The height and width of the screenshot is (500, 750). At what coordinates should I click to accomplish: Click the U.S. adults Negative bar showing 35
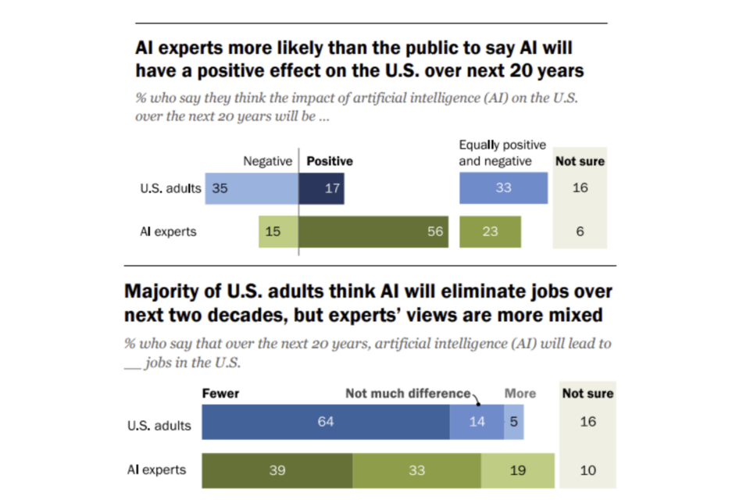252,188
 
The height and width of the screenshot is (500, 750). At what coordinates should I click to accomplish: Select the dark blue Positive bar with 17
321,188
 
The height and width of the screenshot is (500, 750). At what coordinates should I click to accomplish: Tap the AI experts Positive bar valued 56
373,232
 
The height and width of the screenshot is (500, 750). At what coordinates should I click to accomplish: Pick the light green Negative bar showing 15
278,232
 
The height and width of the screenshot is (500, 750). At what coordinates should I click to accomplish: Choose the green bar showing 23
490,232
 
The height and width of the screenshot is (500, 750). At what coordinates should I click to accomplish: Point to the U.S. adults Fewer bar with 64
325,422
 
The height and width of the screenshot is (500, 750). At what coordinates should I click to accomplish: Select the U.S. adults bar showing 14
477,422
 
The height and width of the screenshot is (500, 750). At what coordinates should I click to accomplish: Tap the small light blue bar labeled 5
513,422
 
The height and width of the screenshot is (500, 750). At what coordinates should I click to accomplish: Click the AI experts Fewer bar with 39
277,470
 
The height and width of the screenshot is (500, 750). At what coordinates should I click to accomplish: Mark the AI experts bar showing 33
416,470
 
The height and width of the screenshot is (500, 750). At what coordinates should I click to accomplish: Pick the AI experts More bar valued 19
517,470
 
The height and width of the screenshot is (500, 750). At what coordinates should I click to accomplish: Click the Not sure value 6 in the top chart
580,232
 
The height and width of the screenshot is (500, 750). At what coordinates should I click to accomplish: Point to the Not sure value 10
588,470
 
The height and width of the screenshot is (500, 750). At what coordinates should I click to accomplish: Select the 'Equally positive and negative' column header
502,153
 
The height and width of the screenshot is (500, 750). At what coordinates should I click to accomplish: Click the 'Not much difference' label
408,393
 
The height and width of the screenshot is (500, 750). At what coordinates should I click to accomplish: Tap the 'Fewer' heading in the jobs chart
220,393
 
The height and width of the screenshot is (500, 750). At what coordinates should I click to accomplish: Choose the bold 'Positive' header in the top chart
329,161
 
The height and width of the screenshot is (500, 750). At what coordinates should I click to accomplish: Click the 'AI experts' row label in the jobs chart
156,470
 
